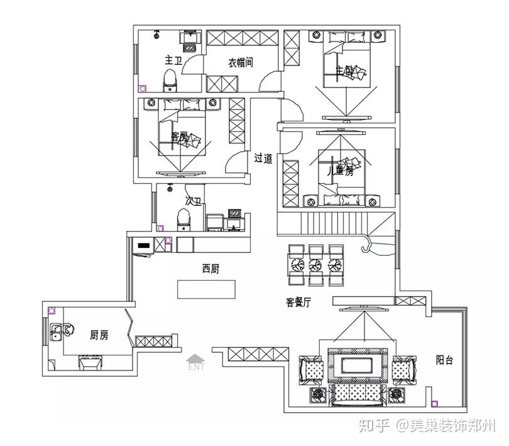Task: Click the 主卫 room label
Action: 173,60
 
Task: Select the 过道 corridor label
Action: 263,159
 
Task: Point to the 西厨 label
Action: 211,269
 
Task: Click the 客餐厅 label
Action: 298,303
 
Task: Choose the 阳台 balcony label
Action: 445,360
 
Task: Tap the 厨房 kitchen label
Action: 99,335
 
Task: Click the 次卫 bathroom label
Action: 193,201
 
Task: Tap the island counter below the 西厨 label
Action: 206,289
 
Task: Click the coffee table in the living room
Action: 356,365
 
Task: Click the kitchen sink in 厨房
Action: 60,332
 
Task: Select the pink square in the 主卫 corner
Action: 143,89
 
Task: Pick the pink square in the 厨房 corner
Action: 52,311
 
